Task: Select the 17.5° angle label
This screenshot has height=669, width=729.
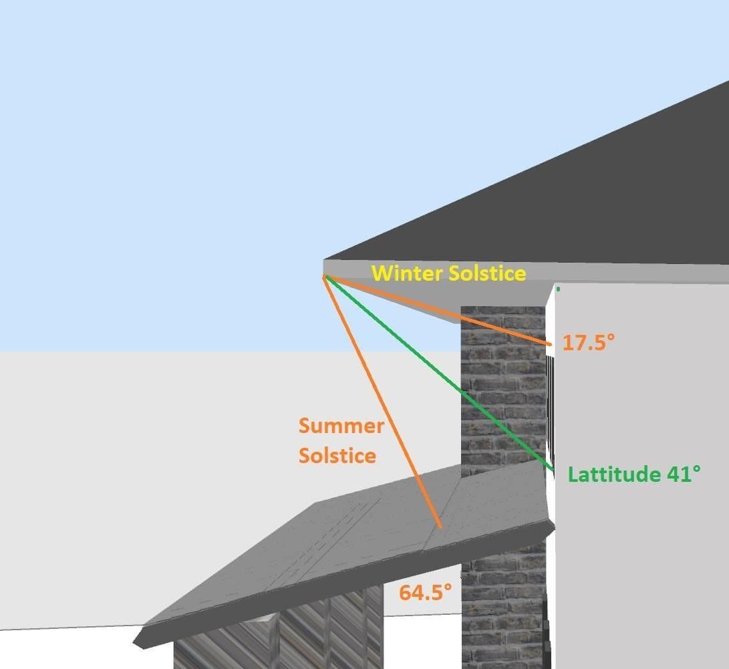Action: click(x=588, y=343)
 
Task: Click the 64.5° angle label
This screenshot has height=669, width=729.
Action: click(x=426, y=591)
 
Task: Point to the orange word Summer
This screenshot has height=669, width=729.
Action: click(x=341, y=426)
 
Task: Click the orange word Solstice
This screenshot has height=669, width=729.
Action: click(x=337, y=456)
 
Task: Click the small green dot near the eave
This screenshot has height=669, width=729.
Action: click(x=558, y=289)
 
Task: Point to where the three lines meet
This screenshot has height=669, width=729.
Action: click(x=325, y=275)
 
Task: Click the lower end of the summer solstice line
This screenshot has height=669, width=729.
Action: click(x=440, y=526)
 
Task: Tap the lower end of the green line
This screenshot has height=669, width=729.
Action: click(x=551, y=470)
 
